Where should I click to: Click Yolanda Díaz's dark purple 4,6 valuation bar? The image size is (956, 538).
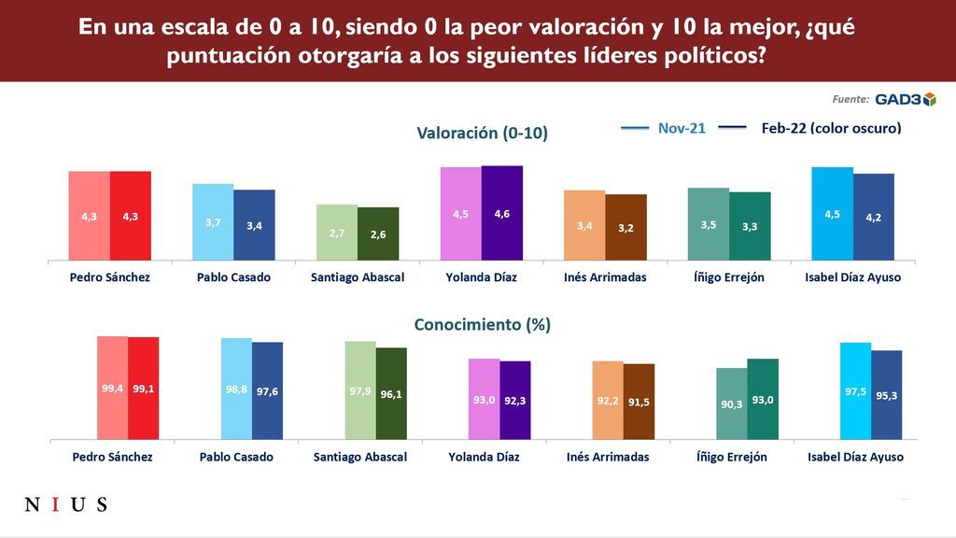(502, 213)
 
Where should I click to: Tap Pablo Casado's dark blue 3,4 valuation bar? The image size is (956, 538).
(254, 225)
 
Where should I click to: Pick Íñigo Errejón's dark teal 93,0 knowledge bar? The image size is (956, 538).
(763, 399)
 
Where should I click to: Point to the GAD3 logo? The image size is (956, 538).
(905, 99)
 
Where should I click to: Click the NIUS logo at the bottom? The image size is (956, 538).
(65, 505)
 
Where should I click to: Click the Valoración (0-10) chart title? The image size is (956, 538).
(482, 134)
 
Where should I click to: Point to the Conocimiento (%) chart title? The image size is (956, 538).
(482, 325)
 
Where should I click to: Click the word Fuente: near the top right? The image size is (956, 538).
(851, 99)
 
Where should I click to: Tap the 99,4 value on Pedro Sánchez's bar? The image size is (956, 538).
(113, 389)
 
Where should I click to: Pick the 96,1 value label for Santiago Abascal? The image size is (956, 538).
(391, 394)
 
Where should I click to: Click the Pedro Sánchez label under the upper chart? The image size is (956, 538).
(109, 277)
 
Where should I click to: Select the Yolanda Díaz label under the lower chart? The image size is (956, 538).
(483, 457)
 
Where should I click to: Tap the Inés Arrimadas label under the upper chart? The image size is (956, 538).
(605, 277)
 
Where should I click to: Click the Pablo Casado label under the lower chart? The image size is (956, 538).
(236, 457)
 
